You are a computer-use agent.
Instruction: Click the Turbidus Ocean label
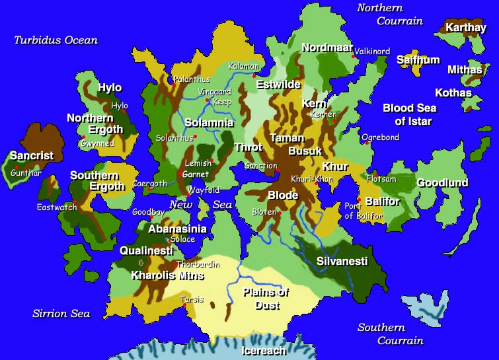[56, 40]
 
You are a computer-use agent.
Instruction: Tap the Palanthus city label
[192, 80]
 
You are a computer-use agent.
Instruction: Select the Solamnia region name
[209, 124]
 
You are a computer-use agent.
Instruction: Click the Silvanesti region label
[342, 262]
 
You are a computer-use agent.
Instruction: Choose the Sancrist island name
[32, 156]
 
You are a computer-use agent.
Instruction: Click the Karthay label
[466, 28]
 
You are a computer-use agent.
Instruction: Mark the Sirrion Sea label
[61, 313]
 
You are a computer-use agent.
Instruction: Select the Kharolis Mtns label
[167, 275]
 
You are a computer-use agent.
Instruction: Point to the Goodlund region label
[442, 183]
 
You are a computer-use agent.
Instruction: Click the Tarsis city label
[192, 300]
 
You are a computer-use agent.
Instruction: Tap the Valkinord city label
[372, 52]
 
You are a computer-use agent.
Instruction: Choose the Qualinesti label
[146, 251]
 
